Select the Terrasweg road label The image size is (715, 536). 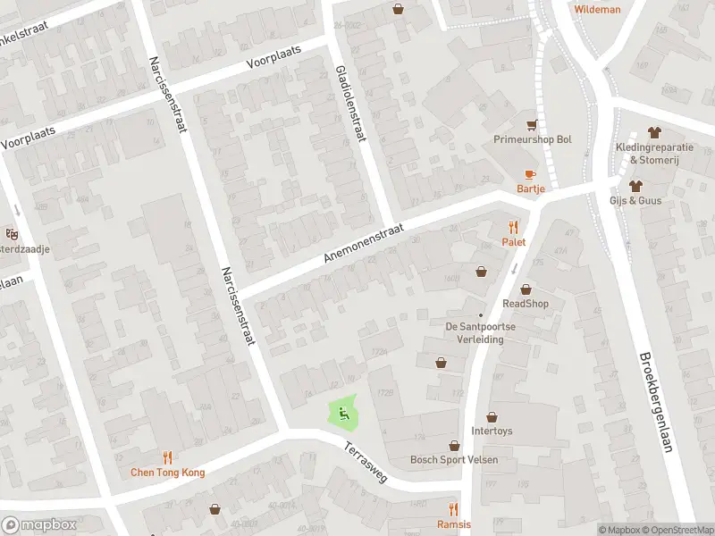(x=365, y=463)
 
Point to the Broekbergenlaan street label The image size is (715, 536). (x=654, y=401)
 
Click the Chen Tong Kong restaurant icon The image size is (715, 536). (x=168, y=457)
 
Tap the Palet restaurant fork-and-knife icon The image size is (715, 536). (x=513, y=227)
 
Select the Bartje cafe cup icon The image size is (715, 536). (x=530, y=174)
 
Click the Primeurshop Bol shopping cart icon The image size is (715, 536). (x=533, y=125)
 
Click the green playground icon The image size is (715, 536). (x=341, y=413)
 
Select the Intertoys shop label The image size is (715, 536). (x=492, y=431)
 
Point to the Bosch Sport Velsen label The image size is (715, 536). (x=454, y=460)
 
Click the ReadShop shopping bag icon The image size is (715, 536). (x=526, y=289)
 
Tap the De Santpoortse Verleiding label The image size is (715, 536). (x=481, y=332)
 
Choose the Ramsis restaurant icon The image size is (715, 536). (x=453, y=509)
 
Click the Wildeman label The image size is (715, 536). (x=597, y=9)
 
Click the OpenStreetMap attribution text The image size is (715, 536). (x=677, y=530)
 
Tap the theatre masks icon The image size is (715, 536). (x=13, y=234)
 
